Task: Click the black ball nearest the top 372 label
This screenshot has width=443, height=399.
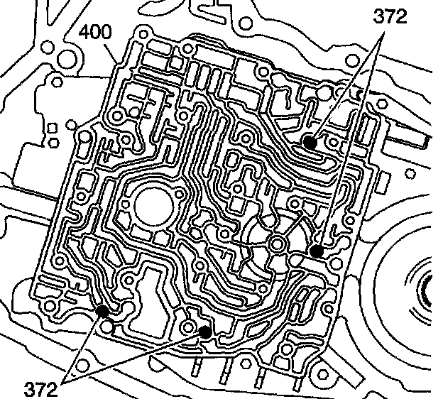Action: (x=310, y=141)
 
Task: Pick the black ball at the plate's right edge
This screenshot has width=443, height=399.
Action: (x=317, y=251)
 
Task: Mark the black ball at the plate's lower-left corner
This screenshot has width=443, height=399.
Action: (x=102, y=310)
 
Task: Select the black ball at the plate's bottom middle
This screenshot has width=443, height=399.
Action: (x=204, y=331)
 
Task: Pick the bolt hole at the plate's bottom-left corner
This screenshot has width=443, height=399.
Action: (x=50, y=307)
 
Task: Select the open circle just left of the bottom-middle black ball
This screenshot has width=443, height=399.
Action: (x=187, y=326)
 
